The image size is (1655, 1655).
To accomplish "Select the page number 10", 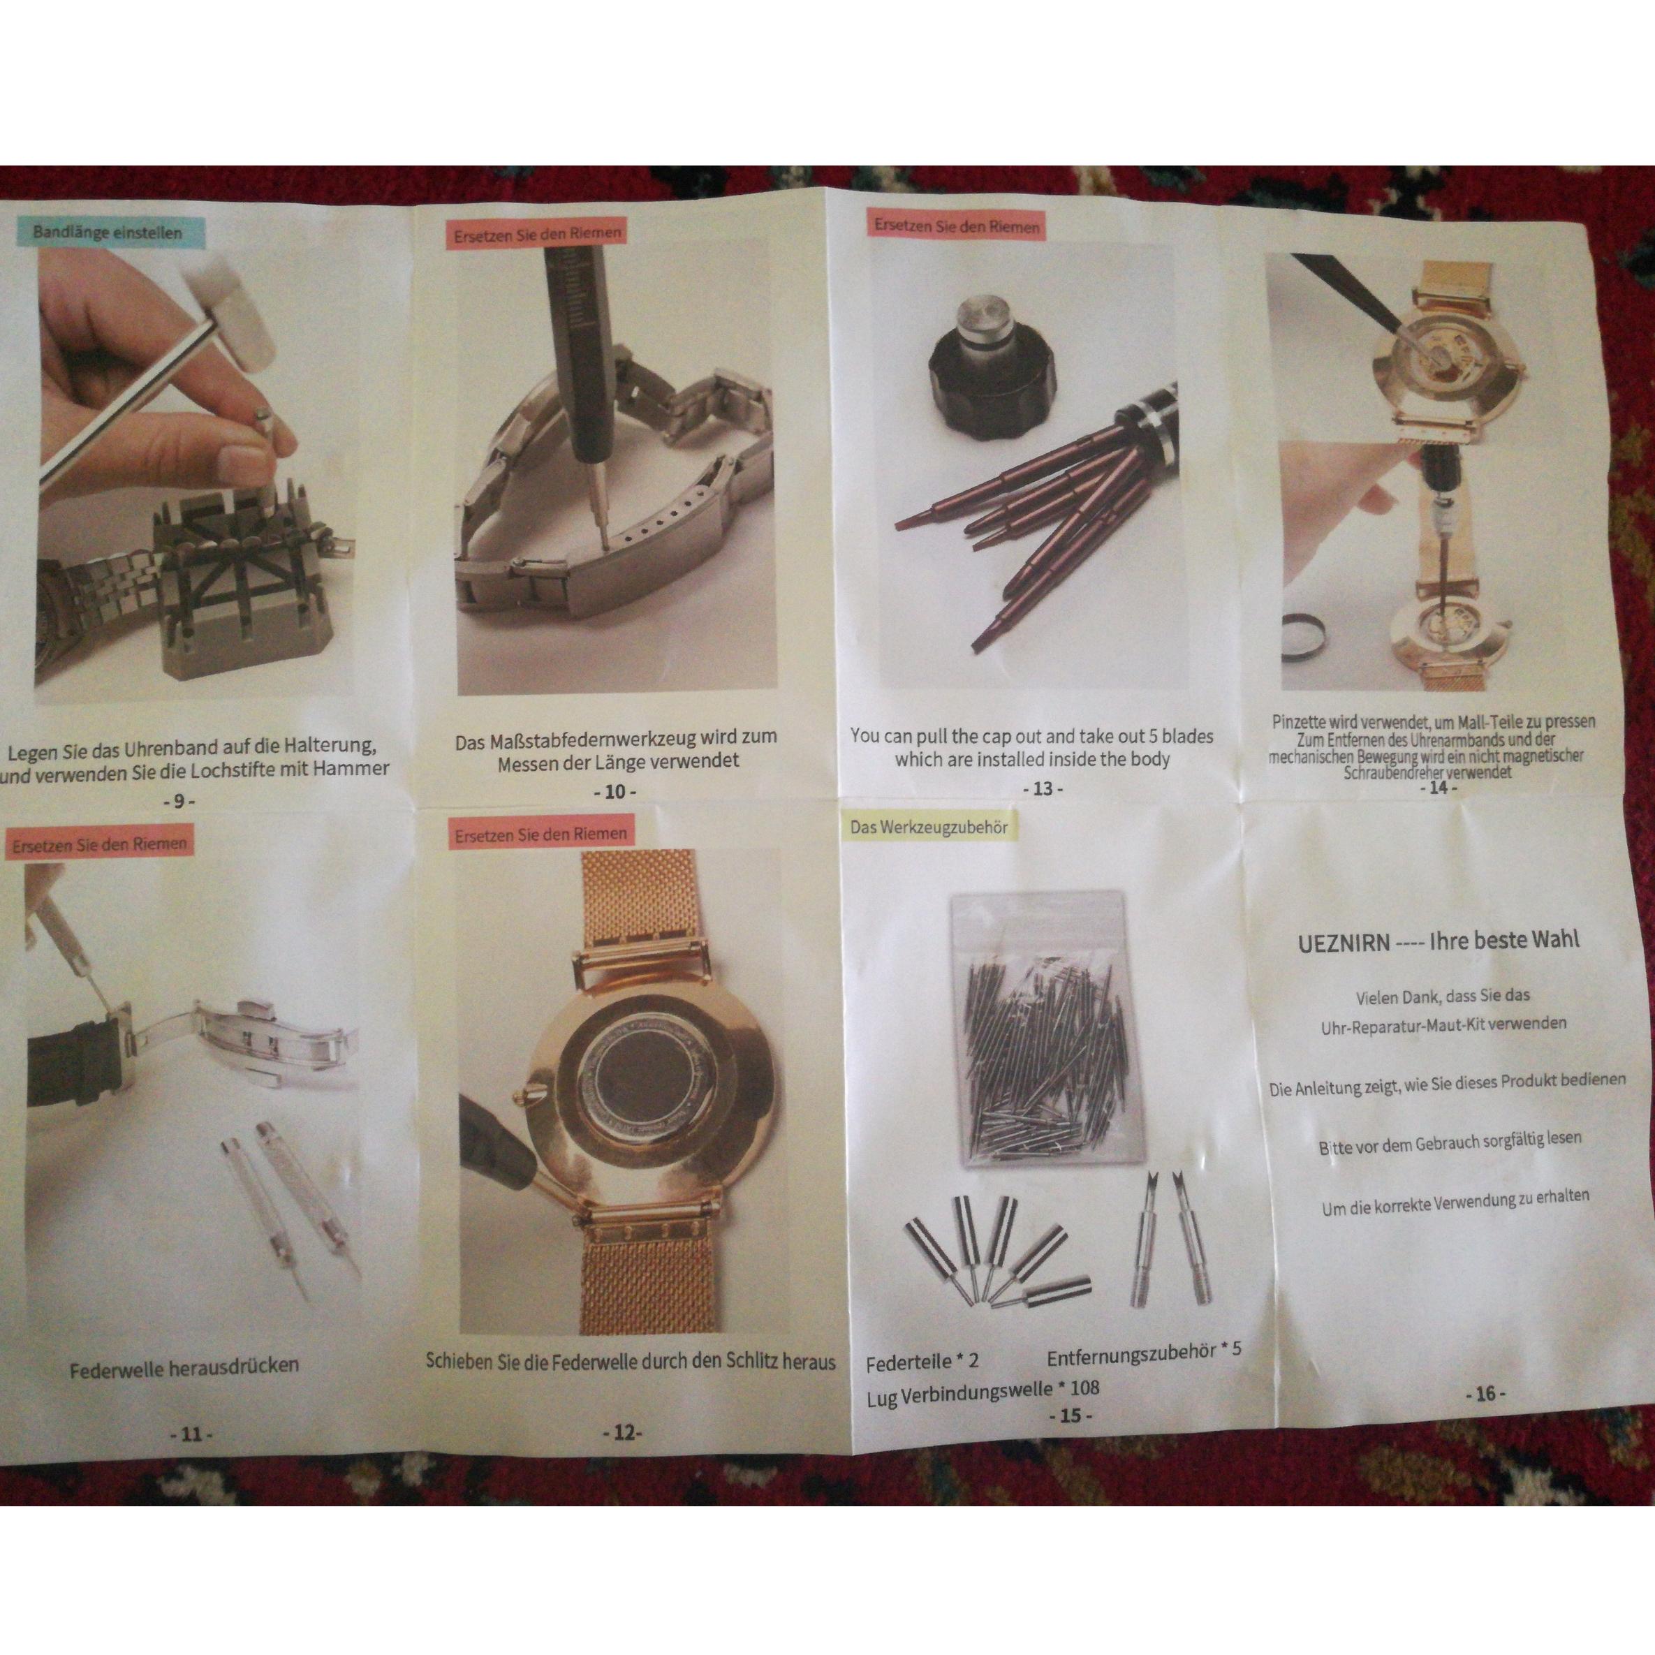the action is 615,791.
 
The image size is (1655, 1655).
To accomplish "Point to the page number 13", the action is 1043,788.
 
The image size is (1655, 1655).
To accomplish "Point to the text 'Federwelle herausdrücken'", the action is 184,1367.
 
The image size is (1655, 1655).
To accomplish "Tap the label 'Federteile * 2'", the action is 922,1362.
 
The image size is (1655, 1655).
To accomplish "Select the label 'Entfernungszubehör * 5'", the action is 1144,1353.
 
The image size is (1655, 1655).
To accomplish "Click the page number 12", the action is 623,1433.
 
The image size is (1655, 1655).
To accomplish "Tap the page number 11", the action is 192,1434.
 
